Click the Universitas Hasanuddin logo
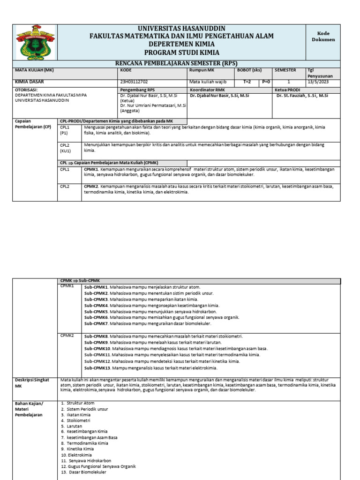pyautogui.click(x=35, y=42)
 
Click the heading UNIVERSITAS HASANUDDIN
pyautogui.click(x=181, y=29)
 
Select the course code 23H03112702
pyautogui.click(x=134, y=82)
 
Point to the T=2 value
pyautogui.click(x=247, y=82)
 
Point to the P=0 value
pyautogui.click(x=266, y=82)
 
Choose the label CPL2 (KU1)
pyautogui.click(x=65, y=148)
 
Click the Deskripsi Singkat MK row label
pyautogui.click(x=32, y=383)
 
